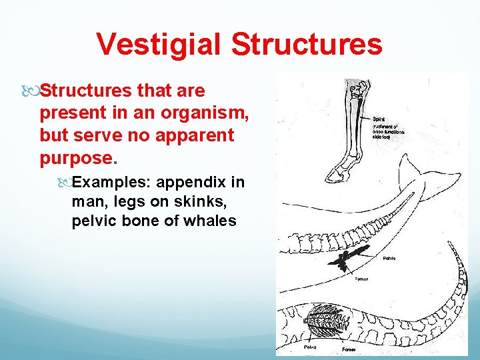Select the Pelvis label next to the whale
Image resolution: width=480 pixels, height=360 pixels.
(x=390, y=257)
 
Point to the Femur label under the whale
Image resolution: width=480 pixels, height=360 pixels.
(x=361, y=279)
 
